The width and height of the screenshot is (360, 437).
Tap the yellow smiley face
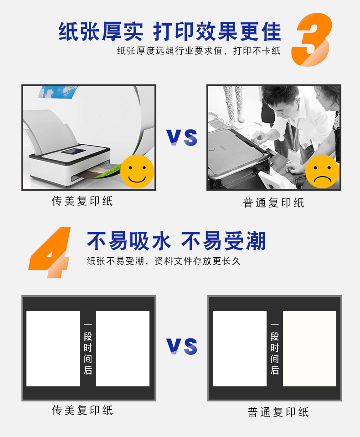[137, 172]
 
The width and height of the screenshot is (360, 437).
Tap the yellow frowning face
[322, 172]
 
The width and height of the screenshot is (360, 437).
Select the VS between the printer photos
[182, 137]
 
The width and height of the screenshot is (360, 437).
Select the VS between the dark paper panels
[182, 346]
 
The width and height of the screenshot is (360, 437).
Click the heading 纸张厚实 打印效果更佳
[170, 31]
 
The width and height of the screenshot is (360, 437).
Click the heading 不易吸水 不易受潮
[176, 241]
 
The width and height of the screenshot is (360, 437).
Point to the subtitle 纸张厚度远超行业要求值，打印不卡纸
[199, 51]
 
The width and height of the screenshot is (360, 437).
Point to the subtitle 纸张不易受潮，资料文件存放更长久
[164, 261]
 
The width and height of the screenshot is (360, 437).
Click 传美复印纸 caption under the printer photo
[82, 201]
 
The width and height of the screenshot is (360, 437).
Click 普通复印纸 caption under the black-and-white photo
[273, 203]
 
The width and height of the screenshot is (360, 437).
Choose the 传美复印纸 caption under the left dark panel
[82, 410]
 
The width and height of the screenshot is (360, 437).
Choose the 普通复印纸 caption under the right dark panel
[278, 412]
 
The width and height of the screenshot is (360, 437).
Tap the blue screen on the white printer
[73, 151]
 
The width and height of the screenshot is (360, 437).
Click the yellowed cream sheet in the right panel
[309, 349]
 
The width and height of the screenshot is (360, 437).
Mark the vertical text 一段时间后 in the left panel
[88, 349]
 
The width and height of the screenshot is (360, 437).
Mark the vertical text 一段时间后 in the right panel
[275, 349]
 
